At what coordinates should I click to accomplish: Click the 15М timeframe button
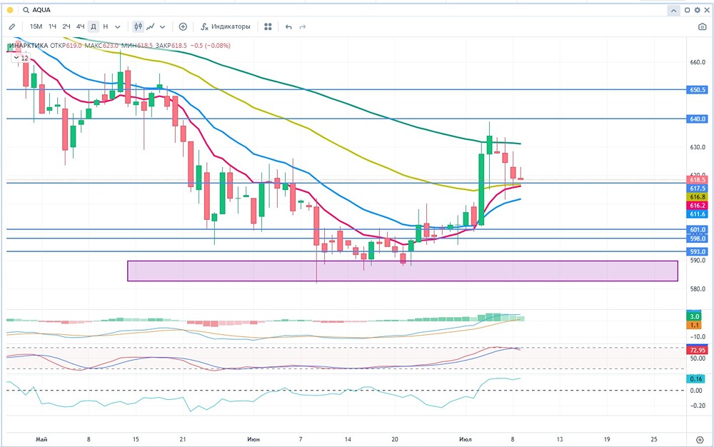(x=35, y=26)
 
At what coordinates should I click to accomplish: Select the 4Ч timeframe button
(x=80, y=26)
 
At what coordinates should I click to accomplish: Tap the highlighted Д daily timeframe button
(x=94, y=26)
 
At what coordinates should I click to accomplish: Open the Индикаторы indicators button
(x=226, y=26)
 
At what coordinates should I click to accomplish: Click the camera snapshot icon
(x=702, y=26)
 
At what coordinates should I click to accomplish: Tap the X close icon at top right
(x=706, y=10)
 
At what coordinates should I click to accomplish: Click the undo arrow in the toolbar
(x=288, y=26)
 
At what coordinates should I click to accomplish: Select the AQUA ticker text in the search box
(x=41, y=10)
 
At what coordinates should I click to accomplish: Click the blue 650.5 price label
(x=698, y=90)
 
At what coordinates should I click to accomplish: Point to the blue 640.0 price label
(x=698, y=119)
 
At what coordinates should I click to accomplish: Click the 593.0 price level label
(x=698, y=252)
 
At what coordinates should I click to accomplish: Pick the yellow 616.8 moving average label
(x=698, y=196)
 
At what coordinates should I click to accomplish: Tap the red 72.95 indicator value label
(x=698, y=351)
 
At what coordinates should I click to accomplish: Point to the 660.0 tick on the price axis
(x=698, y=62)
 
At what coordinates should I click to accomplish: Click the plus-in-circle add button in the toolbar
(x=183, y=26)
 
